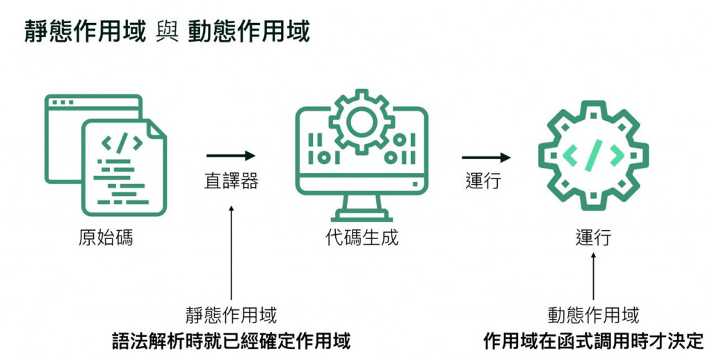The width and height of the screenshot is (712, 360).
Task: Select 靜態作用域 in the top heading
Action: click(x=86, y=31)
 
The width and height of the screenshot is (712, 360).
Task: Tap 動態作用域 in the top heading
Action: click(x=248, y=31)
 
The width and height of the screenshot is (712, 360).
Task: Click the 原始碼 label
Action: click(x=105, y=238)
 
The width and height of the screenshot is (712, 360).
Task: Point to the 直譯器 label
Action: click(x=231, y=181)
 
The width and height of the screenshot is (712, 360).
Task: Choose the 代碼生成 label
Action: click(x=362, y=238)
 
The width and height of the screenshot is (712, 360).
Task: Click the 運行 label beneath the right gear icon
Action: click(x=593, y=238)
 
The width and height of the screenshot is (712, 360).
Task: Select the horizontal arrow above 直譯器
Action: click(x=231, y=156)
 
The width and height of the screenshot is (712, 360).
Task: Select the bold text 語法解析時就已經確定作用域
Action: click(x=231, y=341)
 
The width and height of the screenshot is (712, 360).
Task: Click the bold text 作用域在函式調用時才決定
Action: click(x=593, y=341)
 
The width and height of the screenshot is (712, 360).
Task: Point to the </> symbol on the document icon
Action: click(x=122, y=144)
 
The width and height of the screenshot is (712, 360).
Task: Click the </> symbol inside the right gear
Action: click(x=593, y=156)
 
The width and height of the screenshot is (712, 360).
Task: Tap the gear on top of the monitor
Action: click(x=362, y=122)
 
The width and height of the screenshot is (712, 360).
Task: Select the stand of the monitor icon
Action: click(x=362, y=206)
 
